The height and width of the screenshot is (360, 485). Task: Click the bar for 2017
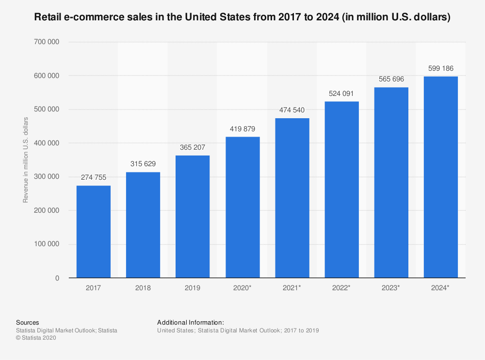pos(94,232)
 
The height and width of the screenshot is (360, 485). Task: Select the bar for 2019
pos(193,217)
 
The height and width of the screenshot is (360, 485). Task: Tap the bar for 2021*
pos(292,198)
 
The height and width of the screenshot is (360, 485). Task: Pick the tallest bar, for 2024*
pos(440,177)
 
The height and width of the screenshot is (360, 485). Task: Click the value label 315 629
pos(143,164)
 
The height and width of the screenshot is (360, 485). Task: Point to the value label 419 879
pos(242,129)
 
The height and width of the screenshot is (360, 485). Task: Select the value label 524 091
pos(341,94)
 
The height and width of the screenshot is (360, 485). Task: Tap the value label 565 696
pos(391,79)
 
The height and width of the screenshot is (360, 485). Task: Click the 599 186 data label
pos(440,68)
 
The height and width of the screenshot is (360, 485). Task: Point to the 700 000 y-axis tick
pos(47,42)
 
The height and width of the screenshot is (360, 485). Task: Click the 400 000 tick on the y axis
pos(47,143)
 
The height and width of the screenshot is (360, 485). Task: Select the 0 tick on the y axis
pos(57,278)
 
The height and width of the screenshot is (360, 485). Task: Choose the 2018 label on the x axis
pos(143,288)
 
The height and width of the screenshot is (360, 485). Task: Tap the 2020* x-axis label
pos(242,288)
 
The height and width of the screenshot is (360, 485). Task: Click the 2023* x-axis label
pos(391,288)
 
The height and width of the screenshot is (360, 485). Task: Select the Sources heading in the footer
pos(28,322)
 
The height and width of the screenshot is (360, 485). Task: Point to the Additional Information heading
pos(191,322)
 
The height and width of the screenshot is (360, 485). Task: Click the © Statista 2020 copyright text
pos(36,338)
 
